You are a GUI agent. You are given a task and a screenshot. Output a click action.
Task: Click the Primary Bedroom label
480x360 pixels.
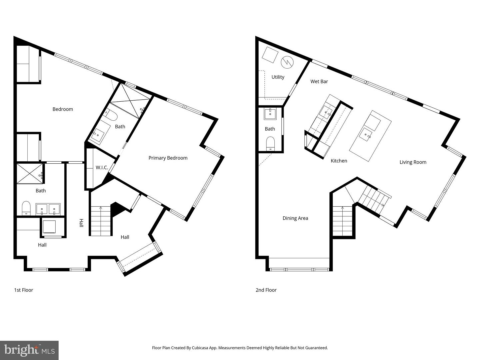pos(168,158)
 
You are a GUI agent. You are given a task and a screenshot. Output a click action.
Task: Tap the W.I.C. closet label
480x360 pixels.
pos(102,167)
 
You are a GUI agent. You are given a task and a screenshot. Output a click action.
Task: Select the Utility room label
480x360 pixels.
pos(278,77)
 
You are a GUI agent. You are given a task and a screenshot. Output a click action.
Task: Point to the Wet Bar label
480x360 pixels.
pos(319,81)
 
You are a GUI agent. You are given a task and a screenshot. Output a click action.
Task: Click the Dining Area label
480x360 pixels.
pos(295,218)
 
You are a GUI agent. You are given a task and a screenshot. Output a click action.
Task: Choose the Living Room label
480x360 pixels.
pos(413,162)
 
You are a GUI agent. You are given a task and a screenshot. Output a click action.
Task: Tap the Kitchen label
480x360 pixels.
pos(339,161)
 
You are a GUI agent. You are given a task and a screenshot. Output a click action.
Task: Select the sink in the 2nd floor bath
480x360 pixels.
pos(269,114)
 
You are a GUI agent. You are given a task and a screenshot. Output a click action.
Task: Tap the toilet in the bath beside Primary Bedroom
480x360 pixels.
pos(111,115)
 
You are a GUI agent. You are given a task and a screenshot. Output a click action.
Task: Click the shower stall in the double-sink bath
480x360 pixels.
pos(30,173)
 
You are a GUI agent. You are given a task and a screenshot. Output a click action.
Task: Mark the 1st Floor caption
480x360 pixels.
pos(23,290)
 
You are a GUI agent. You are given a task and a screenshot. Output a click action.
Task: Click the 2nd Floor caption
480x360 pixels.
pos(266,290)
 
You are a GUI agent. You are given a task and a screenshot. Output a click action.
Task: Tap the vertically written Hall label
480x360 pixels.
pos(81,223)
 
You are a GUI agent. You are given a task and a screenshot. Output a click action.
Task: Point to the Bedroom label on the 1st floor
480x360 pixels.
pos(63,109)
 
